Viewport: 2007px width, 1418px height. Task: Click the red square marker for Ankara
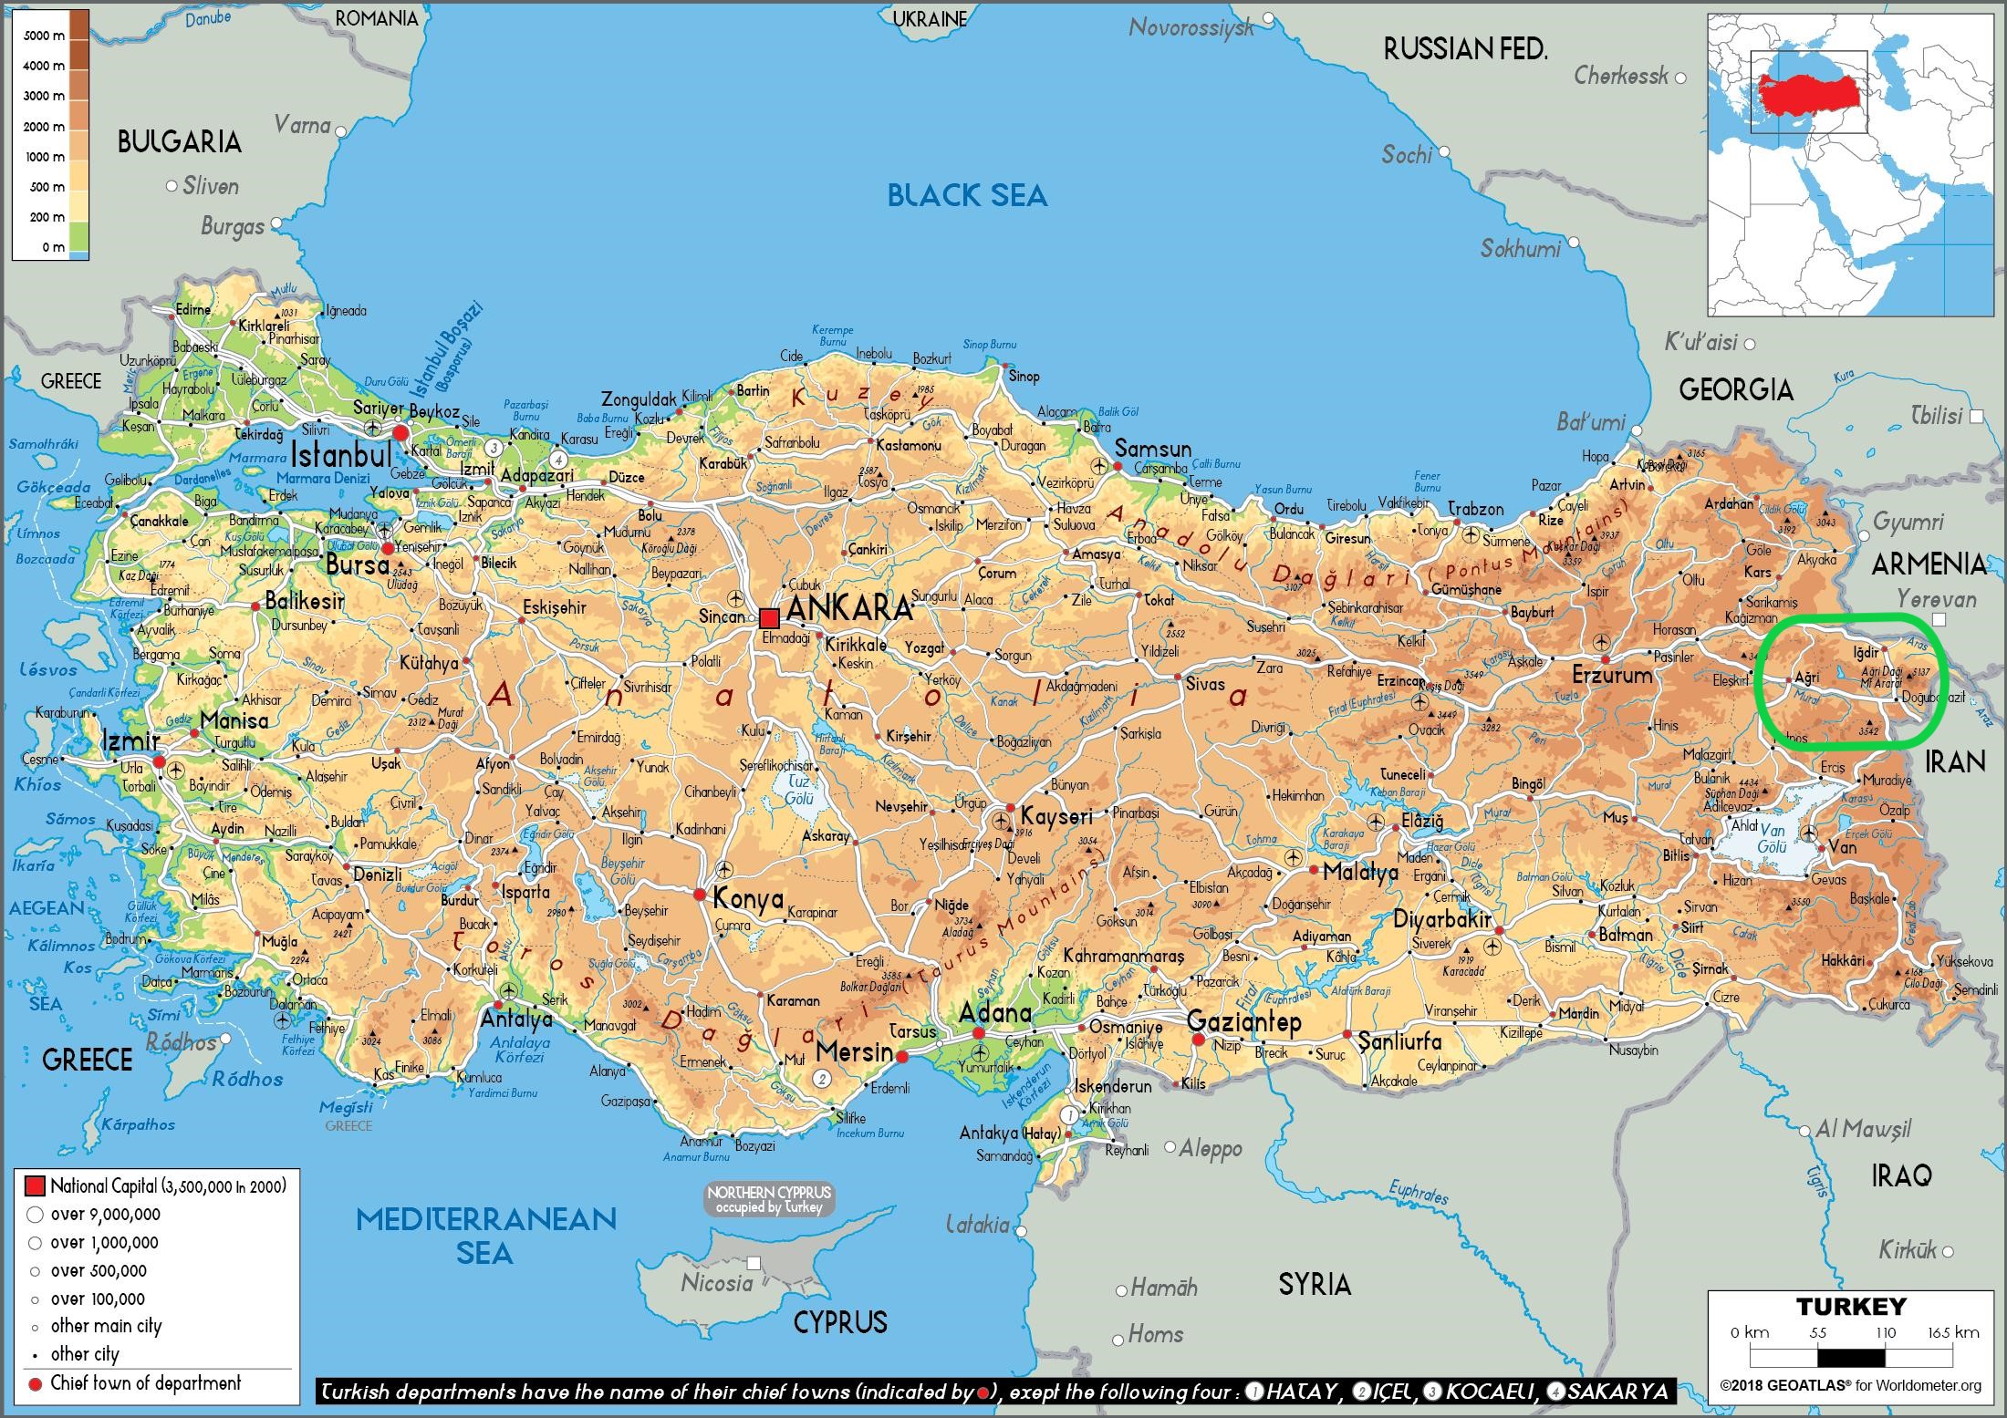(769, 617)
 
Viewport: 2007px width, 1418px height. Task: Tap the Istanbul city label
(341, 453)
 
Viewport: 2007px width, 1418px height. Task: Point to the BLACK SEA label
(967, 195)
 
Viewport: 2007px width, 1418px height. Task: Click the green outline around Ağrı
(1853, 618)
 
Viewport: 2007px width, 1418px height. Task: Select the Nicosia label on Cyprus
(717, 1283)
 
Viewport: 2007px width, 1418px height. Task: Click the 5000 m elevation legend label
(44, 36)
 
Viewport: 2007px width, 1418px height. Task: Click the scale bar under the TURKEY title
(1852, 1358)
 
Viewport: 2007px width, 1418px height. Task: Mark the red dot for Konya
(700, 895)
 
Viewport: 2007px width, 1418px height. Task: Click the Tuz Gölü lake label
(798, 790)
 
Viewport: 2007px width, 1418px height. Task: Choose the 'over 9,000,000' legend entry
(105, 1215)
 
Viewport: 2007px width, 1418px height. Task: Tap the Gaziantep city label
(1243, 1021)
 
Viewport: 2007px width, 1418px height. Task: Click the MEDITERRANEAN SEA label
(485, 1235)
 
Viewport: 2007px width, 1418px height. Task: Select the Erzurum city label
(1612, 676)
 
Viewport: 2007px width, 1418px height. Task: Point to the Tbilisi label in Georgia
(1936, 416)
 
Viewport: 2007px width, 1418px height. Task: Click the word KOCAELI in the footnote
(1487, 1392)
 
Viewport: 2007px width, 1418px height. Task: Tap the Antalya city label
(516, 1019)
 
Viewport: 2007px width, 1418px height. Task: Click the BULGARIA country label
(180, 141)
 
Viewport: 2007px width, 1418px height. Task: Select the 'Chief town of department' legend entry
(145, 1382)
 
